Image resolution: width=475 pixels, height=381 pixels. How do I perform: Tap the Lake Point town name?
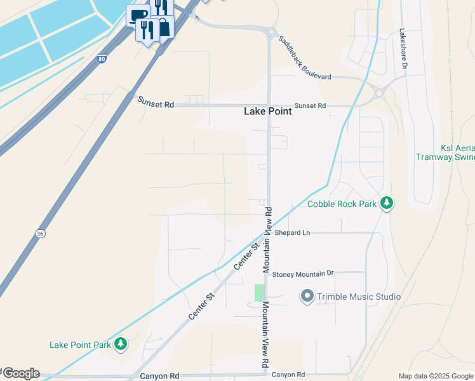coord(268,111)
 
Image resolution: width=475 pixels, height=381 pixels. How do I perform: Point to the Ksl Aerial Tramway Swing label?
coord(445,152)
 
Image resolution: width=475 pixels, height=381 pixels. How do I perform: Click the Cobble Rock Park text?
coord(342,204)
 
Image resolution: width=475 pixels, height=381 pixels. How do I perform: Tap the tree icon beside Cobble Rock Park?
coord(386,204)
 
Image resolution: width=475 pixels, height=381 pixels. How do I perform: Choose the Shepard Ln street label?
coord(292,233)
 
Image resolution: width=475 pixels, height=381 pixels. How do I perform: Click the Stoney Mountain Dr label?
coord(302,274)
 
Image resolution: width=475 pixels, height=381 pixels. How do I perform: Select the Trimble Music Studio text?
coord(359,297)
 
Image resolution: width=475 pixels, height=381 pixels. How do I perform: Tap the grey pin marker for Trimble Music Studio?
coord(307,297)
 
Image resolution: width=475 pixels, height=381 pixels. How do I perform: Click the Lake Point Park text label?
coord(81,345)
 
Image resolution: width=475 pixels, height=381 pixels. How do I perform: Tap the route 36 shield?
coord(40,234)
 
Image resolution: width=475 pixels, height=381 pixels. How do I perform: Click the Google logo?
coord(21,373)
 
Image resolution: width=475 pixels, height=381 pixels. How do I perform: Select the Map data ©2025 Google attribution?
coord(436,376)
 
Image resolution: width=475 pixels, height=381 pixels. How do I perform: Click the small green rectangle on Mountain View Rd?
coord(259,293)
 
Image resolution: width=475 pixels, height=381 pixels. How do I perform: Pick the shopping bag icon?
coord(165,27)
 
